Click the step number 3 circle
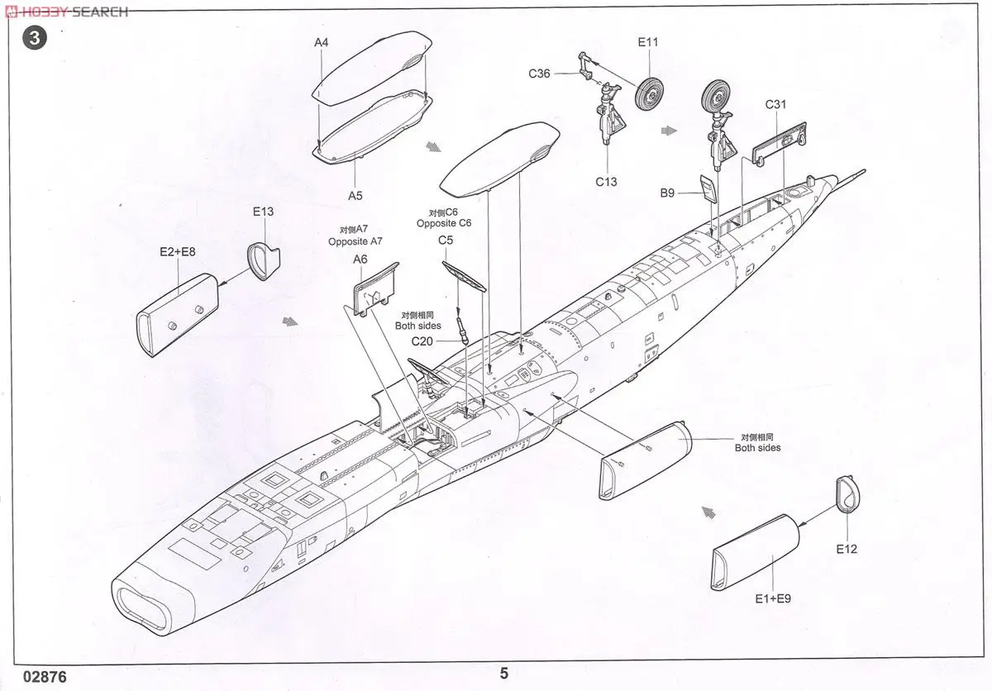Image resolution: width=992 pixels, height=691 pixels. click(33, 37)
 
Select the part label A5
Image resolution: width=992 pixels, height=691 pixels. click(355, 196)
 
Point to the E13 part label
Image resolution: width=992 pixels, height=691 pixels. click(262, 212)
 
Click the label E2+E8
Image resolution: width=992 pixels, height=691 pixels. click(178, 250)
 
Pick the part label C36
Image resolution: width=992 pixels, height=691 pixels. click(540, 74)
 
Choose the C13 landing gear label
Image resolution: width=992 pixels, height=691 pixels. click(606, 182)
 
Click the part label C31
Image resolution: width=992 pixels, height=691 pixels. click(775, 104)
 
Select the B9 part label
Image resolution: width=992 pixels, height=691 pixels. click(667, 193)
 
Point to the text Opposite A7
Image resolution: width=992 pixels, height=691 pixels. click(355, 241)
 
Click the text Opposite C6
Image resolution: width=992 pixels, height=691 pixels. click(444, 223)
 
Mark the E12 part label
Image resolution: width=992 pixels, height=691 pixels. click(847, 549)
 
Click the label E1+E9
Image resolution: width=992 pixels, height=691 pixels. click(773, 598)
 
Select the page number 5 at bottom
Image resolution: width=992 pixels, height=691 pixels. click(503, 674)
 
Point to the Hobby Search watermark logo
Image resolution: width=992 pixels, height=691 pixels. click(66, 12)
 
